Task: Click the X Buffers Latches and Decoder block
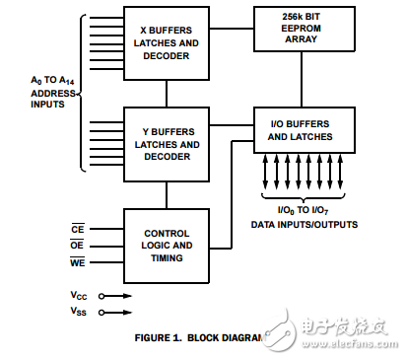point(166,42)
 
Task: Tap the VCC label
point(79,295)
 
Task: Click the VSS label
point(79,312)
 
